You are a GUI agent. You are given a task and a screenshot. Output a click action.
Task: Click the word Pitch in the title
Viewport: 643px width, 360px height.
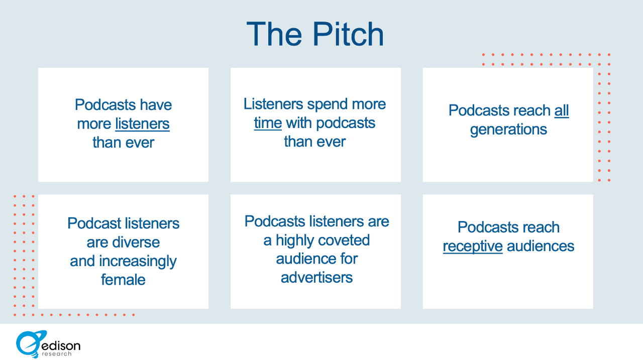348,34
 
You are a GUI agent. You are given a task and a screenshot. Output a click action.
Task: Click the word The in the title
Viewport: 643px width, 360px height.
274,34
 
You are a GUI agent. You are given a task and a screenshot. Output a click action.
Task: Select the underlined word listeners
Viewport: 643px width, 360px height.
142,124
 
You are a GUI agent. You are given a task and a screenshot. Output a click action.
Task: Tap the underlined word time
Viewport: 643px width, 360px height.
268,123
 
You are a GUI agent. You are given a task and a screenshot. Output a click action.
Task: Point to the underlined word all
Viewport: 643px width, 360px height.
562,110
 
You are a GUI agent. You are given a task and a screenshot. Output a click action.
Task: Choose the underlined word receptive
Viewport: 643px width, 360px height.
473,247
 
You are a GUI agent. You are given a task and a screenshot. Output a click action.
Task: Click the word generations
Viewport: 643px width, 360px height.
508,130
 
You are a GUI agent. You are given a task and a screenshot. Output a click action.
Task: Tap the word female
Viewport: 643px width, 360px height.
123,280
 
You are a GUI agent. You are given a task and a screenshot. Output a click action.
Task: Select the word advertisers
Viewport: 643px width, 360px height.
316,278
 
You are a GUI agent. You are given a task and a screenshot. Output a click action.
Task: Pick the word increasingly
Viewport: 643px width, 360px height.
138,262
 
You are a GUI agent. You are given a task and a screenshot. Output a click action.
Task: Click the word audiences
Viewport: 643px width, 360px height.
541,247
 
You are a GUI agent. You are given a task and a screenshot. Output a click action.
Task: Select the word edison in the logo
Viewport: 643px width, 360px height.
61,345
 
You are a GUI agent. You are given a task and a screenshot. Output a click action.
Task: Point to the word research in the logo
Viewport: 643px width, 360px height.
57,353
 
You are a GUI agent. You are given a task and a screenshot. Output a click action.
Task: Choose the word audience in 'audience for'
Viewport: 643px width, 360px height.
306,259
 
